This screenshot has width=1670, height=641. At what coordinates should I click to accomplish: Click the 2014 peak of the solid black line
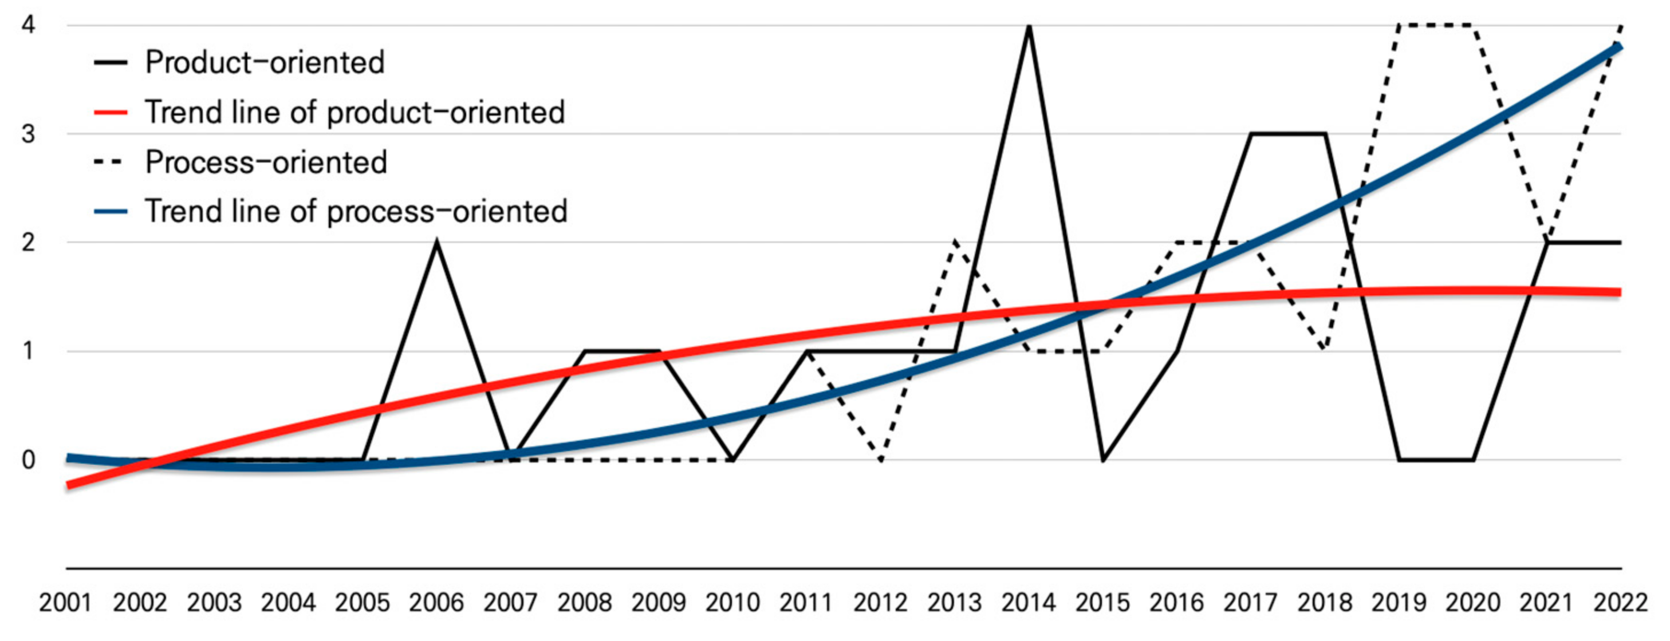coord(1029,27)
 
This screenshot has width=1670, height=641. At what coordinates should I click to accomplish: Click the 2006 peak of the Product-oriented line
coord(437,243)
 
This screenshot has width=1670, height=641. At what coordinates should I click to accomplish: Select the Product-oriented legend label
coord(265,63)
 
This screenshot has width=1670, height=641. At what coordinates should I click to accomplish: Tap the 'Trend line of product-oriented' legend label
coord(355,113)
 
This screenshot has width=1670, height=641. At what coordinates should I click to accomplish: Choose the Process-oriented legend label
coord(266,162)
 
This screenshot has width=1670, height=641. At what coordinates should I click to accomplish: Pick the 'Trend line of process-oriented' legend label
coord(356,211)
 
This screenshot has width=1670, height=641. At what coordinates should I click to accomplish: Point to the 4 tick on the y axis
coord(28,25)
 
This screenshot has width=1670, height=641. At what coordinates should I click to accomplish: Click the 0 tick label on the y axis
coord(28,460)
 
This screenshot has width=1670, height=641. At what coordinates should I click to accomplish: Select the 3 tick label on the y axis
coord(28,134)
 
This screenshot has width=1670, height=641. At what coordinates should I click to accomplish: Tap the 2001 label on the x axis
coord(65,603)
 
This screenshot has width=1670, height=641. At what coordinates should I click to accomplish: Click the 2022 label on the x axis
coord(1621,603)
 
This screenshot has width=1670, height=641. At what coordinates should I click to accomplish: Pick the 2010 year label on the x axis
coord(732,603)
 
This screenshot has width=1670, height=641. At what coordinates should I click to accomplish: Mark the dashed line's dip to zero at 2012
coord(881,460)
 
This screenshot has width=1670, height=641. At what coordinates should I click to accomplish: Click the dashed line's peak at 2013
coord(955,243)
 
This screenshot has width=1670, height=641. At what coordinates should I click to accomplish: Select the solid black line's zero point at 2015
coord(1103,460)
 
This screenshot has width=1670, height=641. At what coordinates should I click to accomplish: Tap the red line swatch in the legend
coord(110,113)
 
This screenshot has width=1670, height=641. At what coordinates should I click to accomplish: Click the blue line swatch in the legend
coord(110,211)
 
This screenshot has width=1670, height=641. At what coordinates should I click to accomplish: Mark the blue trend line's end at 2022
coord(1620,47)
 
